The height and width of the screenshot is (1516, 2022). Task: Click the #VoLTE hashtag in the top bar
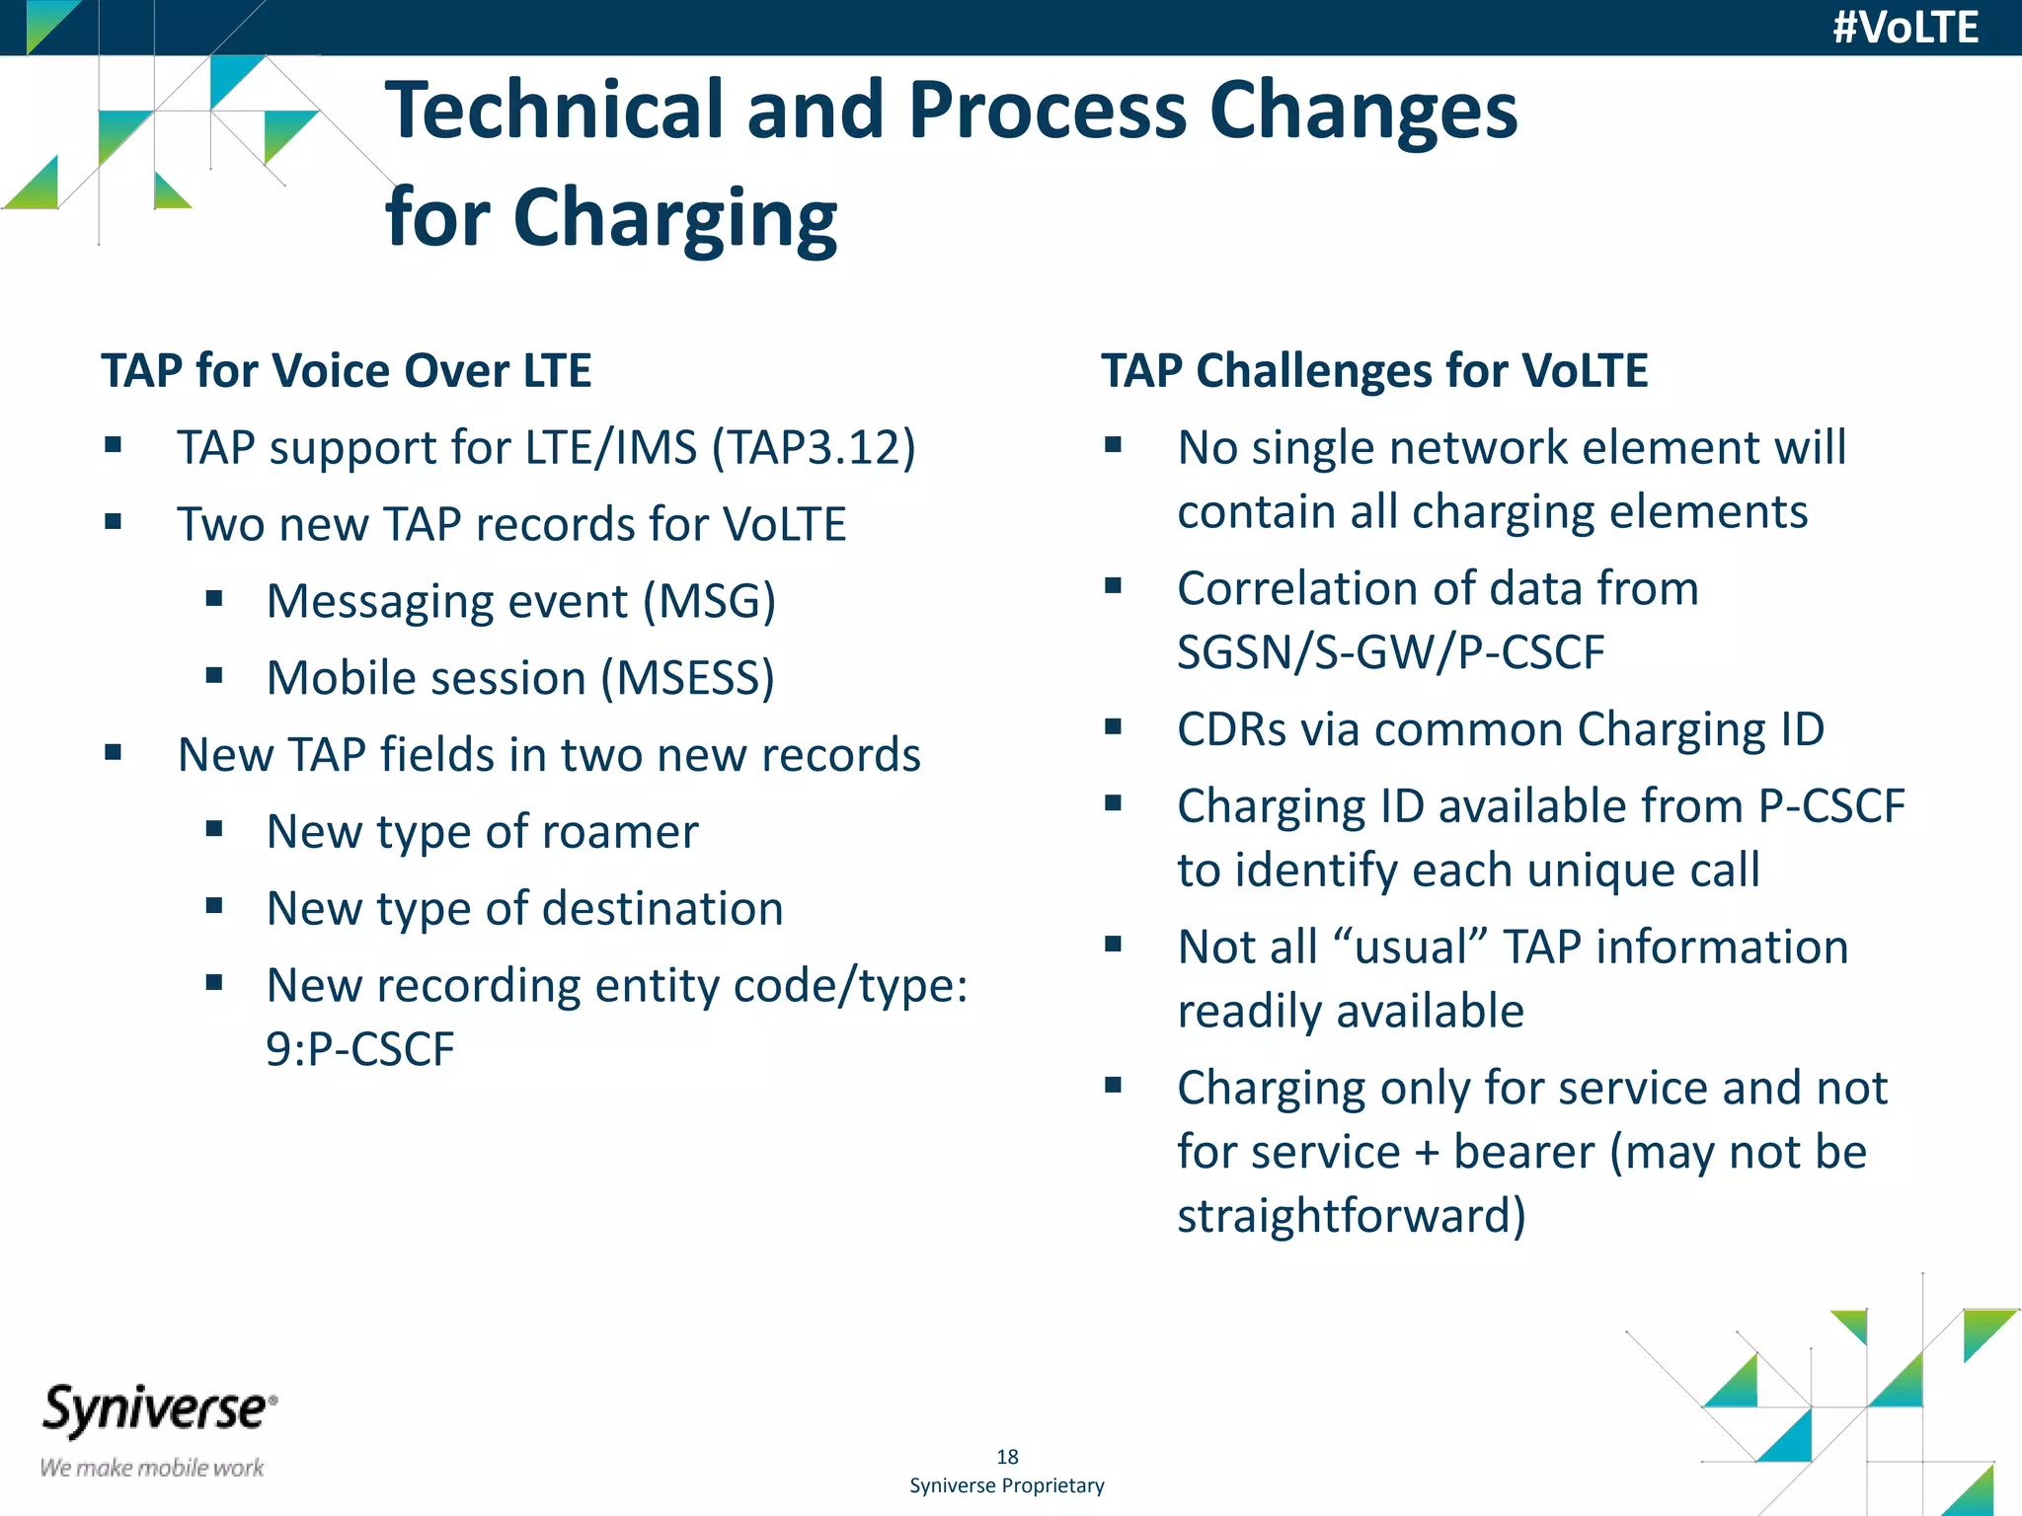[1905, 28]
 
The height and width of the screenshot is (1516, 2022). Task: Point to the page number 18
[1007, 1457]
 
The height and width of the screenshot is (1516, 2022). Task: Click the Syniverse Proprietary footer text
[1007, 1485]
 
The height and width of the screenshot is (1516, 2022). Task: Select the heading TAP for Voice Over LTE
[347, 371]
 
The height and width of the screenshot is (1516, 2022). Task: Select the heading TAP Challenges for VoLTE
[1374, 371]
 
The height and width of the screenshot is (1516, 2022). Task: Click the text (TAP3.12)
[815, 447]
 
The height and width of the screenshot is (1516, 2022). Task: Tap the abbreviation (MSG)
[709, 601]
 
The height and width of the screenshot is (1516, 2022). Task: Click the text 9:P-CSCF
[360, 1048]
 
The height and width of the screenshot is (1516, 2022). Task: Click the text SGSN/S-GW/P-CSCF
[1391, 652]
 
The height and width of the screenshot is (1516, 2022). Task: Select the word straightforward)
[1352, 1215]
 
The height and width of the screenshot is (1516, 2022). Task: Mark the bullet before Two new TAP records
[114, 522]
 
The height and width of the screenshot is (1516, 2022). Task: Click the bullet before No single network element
[1114, 445]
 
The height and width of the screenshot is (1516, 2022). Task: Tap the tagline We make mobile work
[152, 1468]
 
